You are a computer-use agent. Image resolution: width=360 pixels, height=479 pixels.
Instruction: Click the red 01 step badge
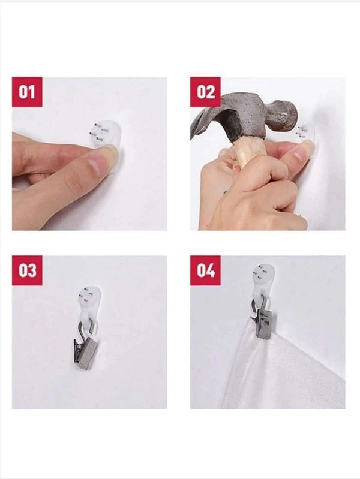tap(27, 92)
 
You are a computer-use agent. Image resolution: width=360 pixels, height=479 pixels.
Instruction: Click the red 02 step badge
tap(205, 92)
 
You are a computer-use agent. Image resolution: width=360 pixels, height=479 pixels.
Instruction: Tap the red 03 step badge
tap(27, 270)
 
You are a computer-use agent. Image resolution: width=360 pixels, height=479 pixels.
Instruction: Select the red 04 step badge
tap(205, 270)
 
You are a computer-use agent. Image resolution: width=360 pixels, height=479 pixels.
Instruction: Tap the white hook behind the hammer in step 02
tap(307, 135)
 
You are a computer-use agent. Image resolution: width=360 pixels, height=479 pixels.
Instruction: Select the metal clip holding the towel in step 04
tap(263, 324)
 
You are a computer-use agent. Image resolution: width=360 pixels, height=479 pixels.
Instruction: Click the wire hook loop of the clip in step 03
tap(88, 329)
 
